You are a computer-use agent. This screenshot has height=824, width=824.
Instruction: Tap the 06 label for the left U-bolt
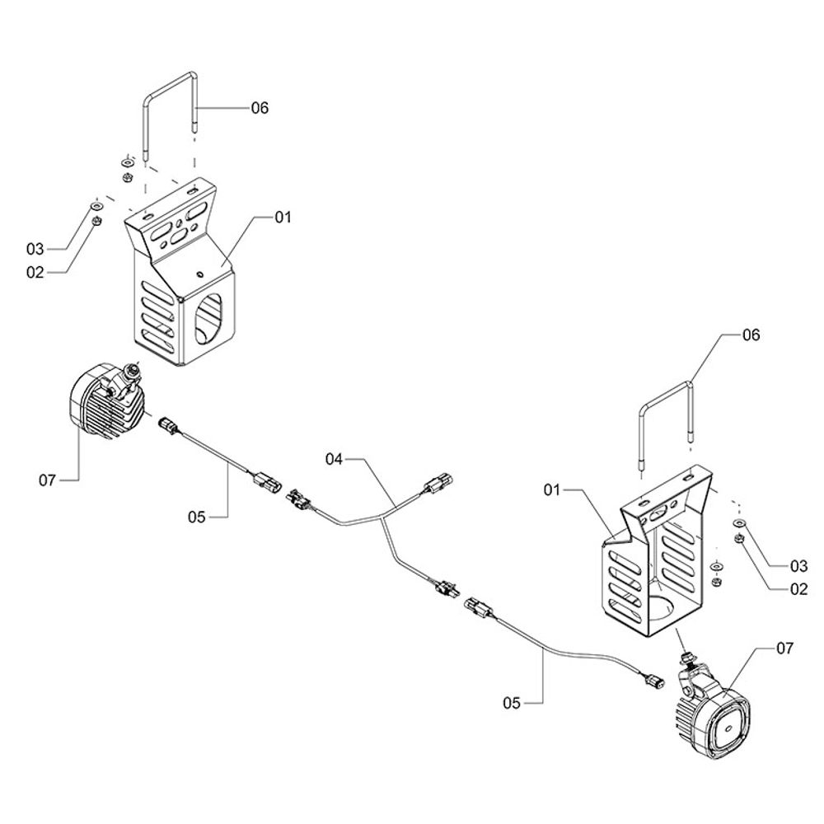coord(260,108)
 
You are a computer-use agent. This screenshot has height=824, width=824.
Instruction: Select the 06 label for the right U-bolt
coord(751,335)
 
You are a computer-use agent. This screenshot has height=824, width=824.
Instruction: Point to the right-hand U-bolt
coord(666,404)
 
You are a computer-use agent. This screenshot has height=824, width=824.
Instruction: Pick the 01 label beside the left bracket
coord(283,218)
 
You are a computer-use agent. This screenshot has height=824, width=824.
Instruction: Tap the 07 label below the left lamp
coord(48,479)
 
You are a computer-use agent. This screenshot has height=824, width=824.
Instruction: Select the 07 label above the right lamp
coord(784,648)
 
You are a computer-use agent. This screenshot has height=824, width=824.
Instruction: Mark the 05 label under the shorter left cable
coord(195,517)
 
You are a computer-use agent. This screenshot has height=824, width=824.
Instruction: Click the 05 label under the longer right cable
coord(512,703)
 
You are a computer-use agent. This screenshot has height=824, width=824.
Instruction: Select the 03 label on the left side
coord(34,249)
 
